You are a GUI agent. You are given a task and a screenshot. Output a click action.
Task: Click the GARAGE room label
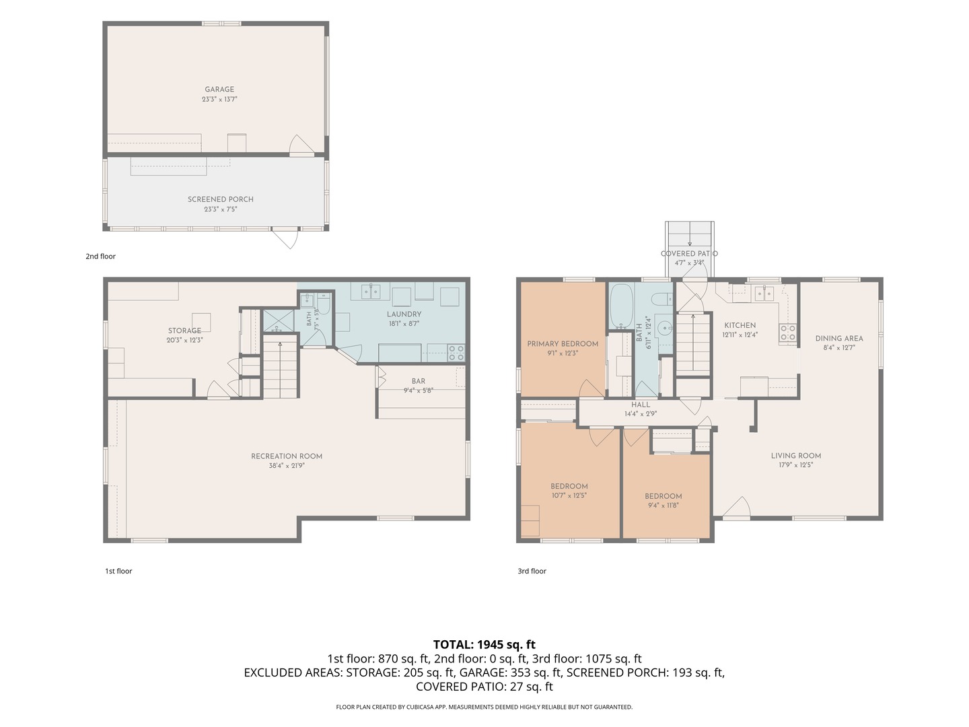click(219, 89)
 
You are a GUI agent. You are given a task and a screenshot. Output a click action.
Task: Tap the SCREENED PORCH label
click(220, 199)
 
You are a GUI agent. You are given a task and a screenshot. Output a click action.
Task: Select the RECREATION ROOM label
click(287, 456)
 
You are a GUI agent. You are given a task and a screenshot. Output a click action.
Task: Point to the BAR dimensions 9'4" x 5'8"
click(419, 390)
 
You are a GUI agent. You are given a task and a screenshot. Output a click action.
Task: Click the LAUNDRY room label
click(404, 314)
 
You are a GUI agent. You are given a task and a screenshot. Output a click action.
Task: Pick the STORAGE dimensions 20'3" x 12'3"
click(184, 340)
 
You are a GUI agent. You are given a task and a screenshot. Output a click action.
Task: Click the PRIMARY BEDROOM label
click(563, 343)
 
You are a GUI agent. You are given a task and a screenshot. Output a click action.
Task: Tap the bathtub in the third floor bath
click(620, 306)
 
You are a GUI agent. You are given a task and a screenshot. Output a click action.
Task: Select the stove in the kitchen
click(787, 333)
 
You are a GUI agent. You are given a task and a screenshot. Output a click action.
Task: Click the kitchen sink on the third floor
click(764, 293)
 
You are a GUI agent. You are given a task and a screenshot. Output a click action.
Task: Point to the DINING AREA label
click(838, 339)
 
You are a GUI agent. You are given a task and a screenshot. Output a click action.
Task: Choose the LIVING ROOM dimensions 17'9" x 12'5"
click(795, 464)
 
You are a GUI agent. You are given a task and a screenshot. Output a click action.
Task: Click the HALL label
click(641, 405)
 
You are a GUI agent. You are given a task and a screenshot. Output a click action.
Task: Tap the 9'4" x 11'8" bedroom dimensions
click(663, 505)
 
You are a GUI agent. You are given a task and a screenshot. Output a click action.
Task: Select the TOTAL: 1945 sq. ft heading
click(485, 644)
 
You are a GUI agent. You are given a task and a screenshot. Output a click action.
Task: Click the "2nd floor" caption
click(101, 256)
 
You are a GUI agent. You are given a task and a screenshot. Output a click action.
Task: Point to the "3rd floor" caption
click(532, 571)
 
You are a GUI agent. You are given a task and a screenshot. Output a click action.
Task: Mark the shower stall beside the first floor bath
click(278, 321)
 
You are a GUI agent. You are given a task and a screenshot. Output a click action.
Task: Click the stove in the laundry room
click(456, 353)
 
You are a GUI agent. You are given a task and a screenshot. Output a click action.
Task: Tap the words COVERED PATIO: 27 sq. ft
click(485, 687)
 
